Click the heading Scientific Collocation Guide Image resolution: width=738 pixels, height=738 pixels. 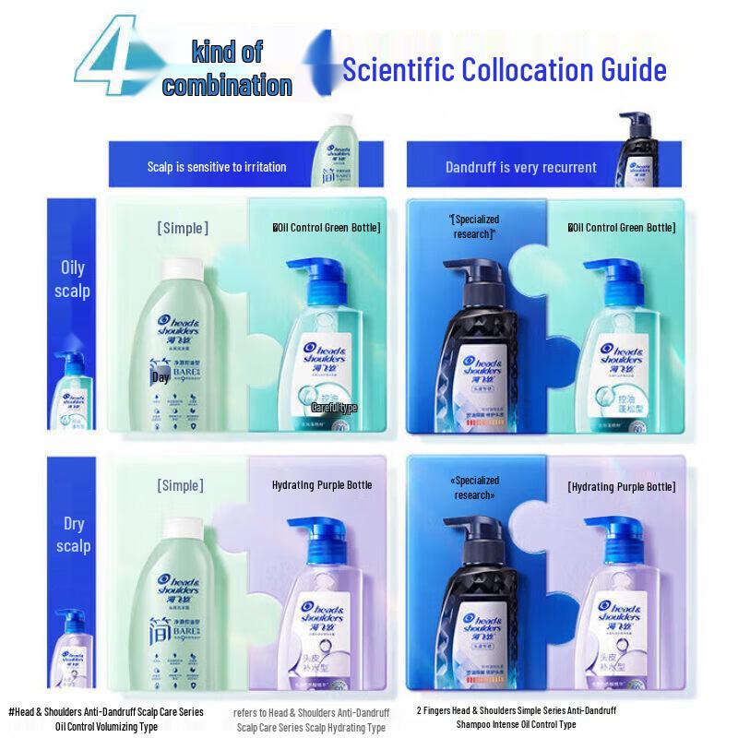(504, 69)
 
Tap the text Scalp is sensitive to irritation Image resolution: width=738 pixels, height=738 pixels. (217, 167)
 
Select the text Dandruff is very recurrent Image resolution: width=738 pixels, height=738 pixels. (520, 168)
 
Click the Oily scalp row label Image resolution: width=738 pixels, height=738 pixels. (73, 279)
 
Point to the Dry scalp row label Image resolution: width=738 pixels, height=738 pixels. (73, 535)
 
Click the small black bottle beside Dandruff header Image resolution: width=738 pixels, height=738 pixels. (635, 148)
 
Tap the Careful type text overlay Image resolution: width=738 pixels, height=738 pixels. (333, 407)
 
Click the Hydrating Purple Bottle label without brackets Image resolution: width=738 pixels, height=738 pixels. (322, 485)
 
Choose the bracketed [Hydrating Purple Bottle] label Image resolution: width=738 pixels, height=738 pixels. (621, 486)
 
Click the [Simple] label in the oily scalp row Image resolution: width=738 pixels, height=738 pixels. (183, 228)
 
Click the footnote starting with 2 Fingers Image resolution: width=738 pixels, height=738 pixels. (516, 718)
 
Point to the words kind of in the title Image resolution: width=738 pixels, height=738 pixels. (227, 53)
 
